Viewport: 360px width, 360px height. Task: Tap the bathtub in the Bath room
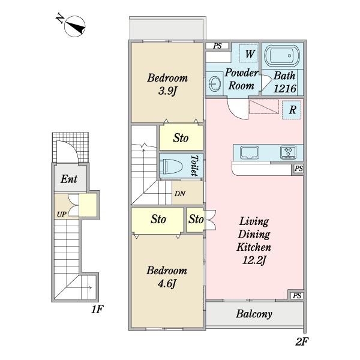(283, 55)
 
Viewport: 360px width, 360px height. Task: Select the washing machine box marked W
(248, 53)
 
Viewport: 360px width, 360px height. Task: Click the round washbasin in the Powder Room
(215, 83)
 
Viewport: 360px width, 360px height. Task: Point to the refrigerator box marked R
(292, 110)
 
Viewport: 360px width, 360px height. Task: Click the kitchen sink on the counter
(250, 152)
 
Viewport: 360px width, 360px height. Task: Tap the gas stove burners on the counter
(288, 152)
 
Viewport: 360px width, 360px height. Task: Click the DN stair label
(180, 194)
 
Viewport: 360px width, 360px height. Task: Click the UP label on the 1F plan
(62, 215)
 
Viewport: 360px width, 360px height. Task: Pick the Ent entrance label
(69, 179)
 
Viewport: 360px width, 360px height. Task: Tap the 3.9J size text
(167, 91)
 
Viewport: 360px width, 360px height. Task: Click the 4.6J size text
(167, 284)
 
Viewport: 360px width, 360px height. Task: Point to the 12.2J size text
(254, 260)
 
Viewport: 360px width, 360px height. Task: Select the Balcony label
(254, 314)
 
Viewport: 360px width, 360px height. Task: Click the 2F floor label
(302, 341)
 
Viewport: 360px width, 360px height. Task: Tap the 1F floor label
(97, 309)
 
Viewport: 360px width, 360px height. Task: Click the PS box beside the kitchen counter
(298, 169)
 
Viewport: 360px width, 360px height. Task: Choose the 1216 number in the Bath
(284, 89)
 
